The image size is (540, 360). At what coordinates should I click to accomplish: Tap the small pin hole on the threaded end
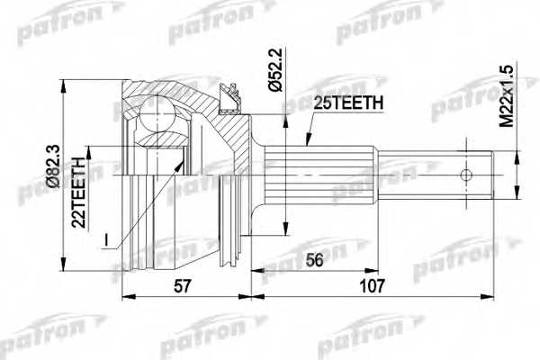pyautogui.click(x=467, y=175)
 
